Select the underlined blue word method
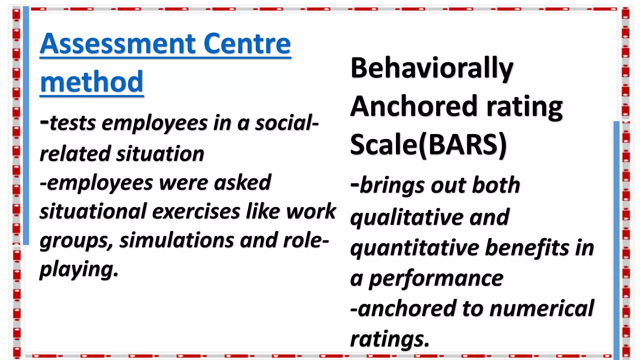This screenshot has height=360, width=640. [92, 82]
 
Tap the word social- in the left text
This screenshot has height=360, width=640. [287, 123]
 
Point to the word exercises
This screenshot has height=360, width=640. [196, 212]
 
